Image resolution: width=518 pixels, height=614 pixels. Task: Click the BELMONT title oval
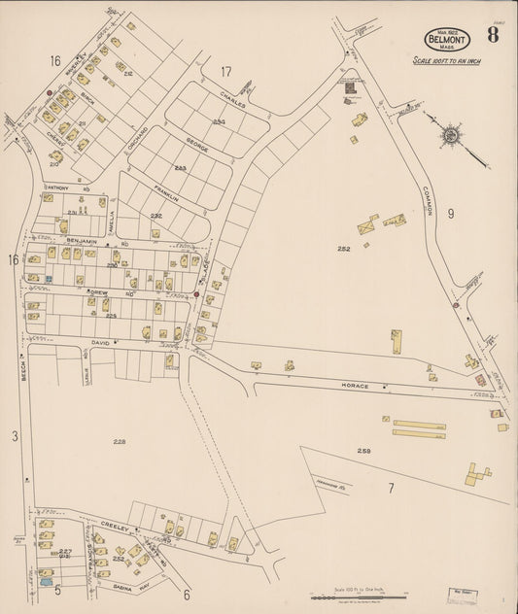[x=446, y=39]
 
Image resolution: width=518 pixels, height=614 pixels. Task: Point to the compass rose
[x=450, y=134]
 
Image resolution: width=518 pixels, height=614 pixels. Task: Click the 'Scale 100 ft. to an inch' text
[x=446, y=61]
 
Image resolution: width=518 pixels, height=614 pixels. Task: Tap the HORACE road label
[x=356, y=386]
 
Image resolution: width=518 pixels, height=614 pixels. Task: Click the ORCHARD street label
[x=137, y=143]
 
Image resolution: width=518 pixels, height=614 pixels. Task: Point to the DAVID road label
[x=102, y=342]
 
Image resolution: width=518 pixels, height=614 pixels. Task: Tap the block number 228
[x=119, y=442]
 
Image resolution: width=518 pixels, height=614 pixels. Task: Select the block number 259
[x=363, y=450]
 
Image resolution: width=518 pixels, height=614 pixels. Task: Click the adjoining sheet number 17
[x=226, y=71]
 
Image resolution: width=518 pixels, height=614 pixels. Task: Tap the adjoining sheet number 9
[x=450, y=214]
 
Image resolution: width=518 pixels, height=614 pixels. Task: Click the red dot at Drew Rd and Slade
[x=196, y=293]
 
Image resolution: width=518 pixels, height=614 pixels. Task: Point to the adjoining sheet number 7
[x=391, y=488]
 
